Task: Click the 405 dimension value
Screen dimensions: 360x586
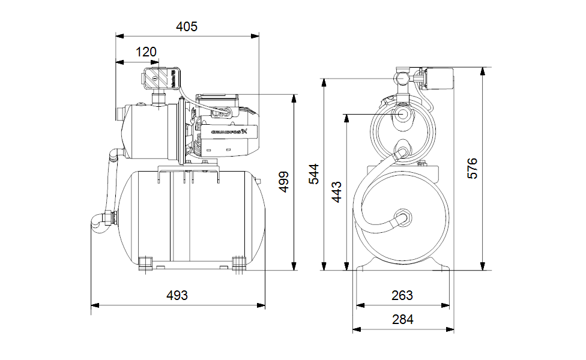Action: pos(187,26)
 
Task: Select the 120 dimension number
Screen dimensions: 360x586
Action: pos(146,52)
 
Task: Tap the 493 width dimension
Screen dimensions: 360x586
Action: pos(177,295)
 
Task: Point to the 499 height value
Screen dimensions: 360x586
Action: pos(283,181)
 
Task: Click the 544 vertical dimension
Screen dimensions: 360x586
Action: pos(313,174)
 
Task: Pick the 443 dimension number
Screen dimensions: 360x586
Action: pos(337,192)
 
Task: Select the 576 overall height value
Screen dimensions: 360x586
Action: pos(473,169)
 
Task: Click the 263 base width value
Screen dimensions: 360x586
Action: pos(402,295)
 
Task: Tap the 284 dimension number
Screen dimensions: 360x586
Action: pos(402,320)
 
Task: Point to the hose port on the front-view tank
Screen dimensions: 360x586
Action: pos(402,217)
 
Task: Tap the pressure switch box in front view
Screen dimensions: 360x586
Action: pos(436,78)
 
